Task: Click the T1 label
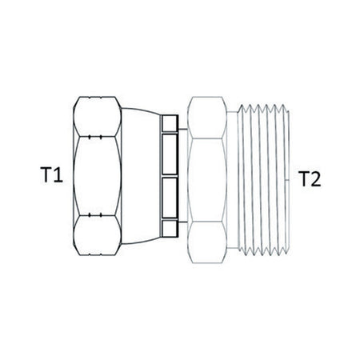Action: [x=51, y=175]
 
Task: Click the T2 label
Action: [x=310, y=178]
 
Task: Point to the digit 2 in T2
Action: [x=316, y=178]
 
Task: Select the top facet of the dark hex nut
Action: [x=97, y=117]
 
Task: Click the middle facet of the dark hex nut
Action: [x=97, y=176]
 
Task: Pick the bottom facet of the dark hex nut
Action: [x=97, y=235]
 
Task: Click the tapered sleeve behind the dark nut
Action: [x=141, y=176]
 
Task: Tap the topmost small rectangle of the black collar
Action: [x=170, y=123]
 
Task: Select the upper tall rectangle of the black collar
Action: [x=170, y=154]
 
